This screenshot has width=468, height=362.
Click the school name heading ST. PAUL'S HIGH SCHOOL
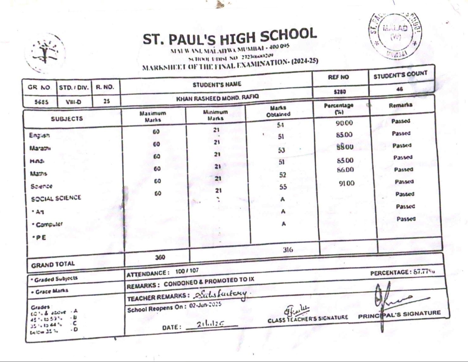[230, 37]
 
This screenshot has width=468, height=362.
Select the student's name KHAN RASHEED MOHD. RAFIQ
[217, 98]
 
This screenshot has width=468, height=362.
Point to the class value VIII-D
[73, 102]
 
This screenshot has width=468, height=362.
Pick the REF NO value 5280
[339, 92]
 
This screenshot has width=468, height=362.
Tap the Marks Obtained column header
[278, 111]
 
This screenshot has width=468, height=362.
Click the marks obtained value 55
[283, 187]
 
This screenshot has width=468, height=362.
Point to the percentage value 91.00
[346, 183]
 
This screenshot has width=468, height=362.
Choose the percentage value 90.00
[344, 123]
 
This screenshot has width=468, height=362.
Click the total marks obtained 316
[288, 249]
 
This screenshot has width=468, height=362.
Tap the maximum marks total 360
[160, 257]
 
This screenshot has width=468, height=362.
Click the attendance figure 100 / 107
[187, 271]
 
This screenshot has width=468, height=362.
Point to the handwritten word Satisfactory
[221, 294]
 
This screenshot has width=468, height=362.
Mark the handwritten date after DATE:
[211, 324]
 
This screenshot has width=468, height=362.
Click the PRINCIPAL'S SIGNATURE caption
[399, 314]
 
